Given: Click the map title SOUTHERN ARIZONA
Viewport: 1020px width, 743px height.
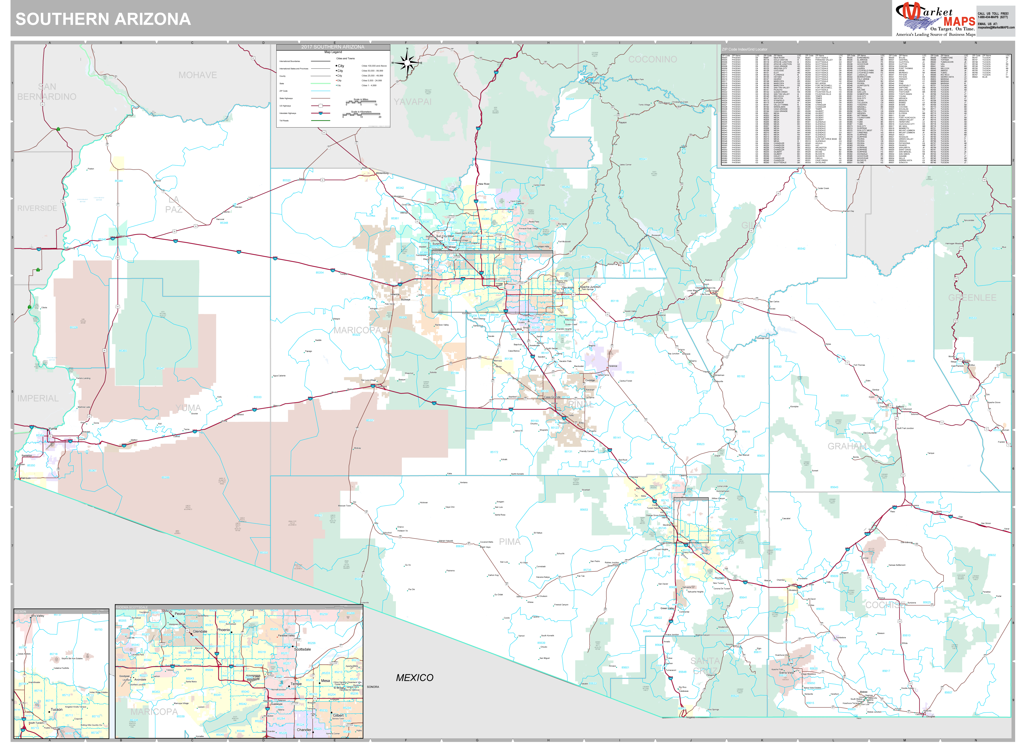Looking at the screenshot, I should [103, 19].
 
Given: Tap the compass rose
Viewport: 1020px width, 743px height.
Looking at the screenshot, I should [407, 63].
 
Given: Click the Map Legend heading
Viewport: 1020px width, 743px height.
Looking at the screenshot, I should [333, 52].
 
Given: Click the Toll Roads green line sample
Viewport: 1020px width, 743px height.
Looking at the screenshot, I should [320, 121].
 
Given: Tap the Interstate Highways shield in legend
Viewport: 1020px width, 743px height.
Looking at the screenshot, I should [320, 113].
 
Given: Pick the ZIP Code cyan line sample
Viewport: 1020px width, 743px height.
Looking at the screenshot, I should [320, 91].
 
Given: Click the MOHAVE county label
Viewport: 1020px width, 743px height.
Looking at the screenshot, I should [198, 75].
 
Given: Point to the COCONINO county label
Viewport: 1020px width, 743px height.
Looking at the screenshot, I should [652, 59].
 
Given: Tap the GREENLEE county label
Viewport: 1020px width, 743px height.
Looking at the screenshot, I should [972, 298].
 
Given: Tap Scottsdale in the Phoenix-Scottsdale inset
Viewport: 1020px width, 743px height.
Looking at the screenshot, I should [302, 649].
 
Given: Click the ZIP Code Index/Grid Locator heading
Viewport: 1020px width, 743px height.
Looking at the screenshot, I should [745, 49].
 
